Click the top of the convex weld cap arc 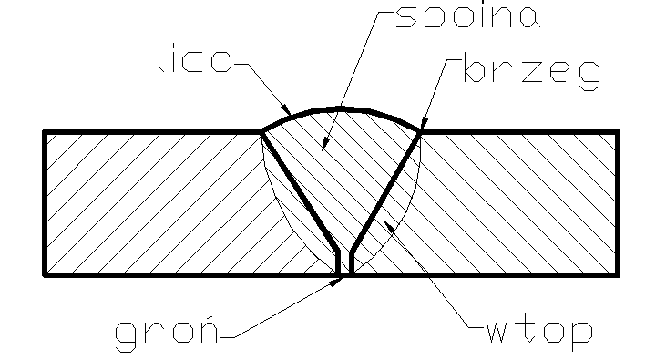[x=342, y=108]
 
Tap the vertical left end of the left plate [x=45, y=201]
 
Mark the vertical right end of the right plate [x=619, y=201]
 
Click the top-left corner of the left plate [x=45, y=131]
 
